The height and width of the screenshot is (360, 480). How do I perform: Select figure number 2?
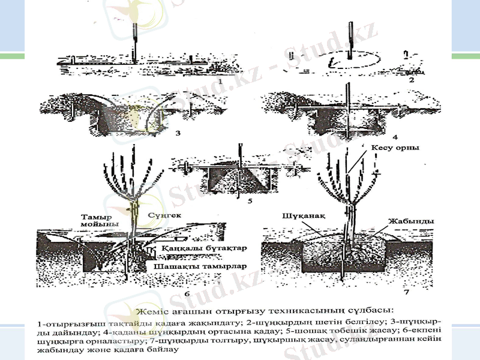[x=410, y=79]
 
